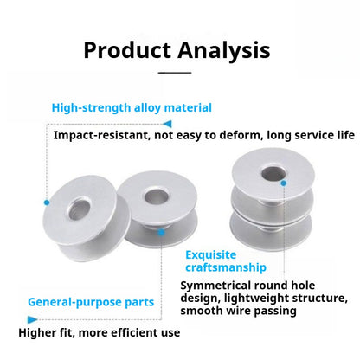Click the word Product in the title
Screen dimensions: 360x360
point(127,50)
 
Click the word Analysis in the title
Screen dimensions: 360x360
point(224,51)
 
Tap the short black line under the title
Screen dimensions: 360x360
point(175,73)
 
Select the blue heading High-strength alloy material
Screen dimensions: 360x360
point(132,108)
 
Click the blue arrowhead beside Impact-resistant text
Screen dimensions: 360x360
point(167,124)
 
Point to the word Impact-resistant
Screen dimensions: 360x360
point(101,135)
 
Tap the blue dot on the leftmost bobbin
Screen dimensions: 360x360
point(47,202)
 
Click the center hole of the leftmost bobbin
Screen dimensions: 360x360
point(80,209)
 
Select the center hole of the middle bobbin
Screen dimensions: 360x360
point(156,196)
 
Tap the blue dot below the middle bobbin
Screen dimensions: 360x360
point(162,232)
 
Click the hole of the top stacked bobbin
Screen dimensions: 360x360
point(273,173)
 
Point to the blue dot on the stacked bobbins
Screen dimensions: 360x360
point(284,183)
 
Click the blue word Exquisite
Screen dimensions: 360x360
point(211,254)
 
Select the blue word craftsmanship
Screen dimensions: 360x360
point(226,267)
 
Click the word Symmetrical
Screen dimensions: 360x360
point(215,286)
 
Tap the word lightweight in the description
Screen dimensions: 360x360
point(257,299)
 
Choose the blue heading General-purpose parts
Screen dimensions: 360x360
point(91,302)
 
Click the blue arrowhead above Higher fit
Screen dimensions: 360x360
point(32,319)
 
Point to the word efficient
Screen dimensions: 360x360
point(134,332)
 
